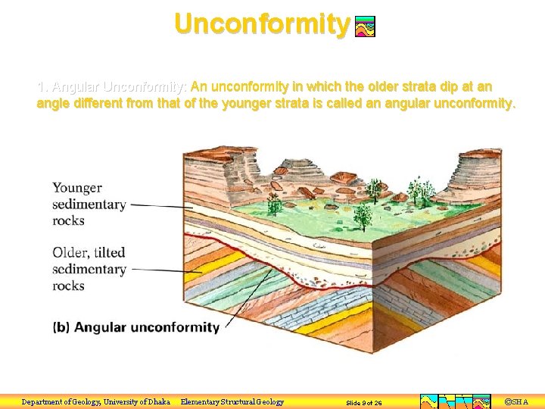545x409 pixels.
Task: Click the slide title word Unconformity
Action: (x=262, y=23)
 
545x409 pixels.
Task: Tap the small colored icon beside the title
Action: (x=365, y=27)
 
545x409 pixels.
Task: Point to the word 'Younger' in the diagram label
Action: (x=77, y=188)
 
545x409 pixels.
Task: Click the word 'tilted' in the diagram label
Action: (x=107, y=252)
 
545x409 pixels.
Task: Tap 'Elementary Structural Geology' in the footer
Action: (x=232, y=402)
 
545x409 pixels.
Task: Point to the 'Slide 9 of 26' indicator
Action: (x=364, y=403)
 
